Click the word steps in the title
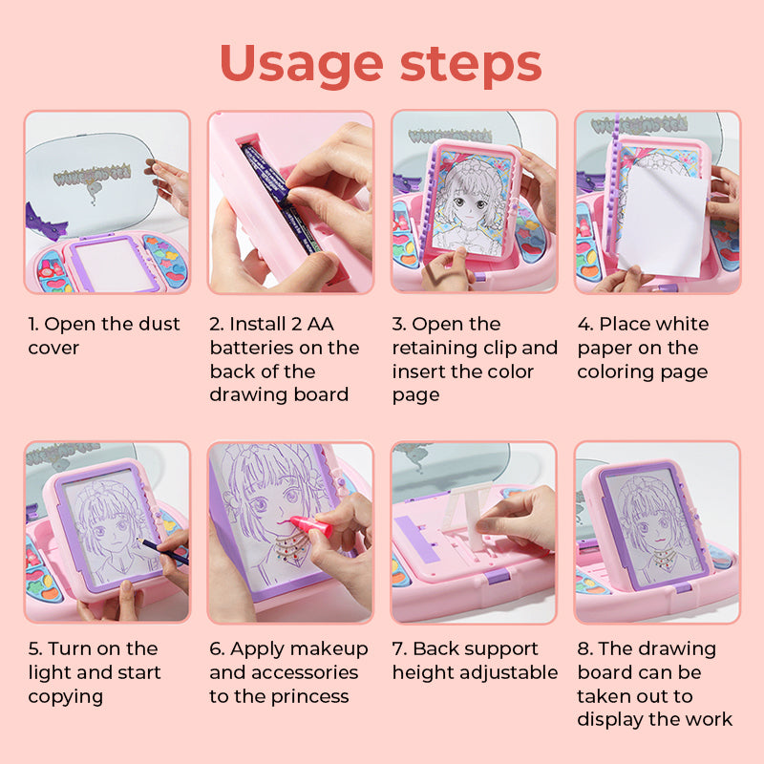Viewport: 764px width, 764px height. coord(471,63)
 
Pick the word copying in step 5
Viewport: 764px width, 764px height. coord(65,697)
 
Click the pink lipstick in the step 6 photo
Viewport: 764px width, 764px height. coord(311,527)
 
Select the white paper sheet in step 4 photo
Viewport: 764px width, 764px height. coord(663,222)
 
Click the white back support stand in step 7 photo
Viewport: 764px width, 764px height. coord(466,516)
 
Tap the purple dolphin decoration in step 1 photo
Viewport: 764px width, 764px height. coord(45,223)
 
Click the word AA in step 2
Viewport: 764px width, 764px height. coord(320,324)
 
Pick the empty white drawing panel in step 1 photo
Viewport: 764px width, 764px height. coord(116,264)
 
